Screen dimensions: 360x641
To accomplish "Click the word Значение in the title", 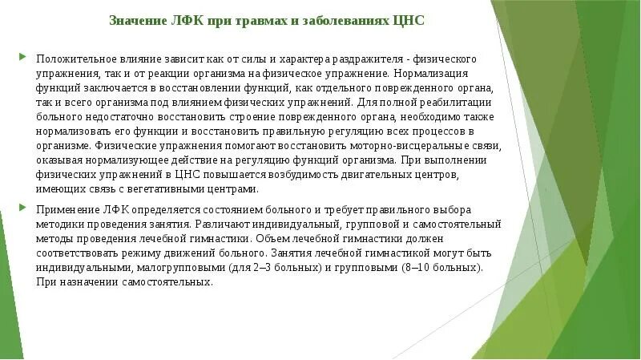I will click(135, 21).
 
